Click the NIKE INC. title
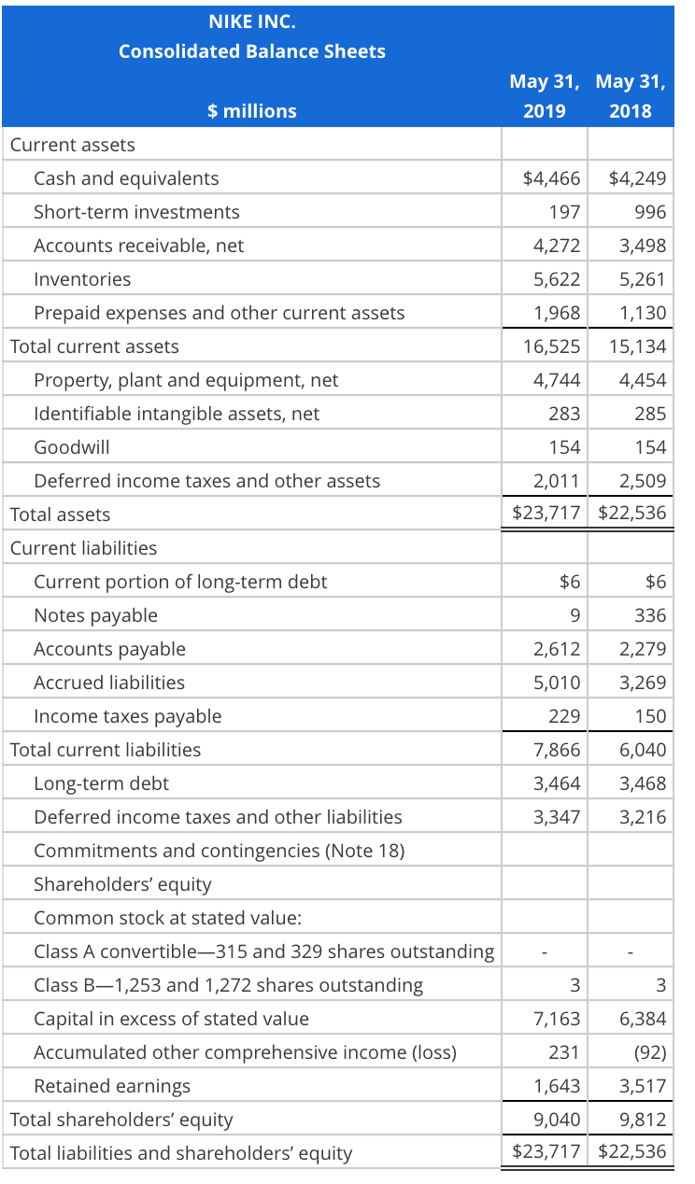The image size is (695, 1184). (x=251, y=19)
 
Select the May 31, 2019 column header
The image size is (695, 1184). (x=545, y=96)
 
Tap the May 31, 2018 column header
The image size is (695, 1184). (x=631, y=96)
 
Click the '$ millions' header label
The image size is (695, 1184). (x=251, y=111)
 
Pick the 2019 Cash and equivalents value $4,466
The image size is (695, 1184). (x=551, y=178)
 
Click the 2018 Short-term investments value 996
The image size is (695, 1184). (x=650, y=212)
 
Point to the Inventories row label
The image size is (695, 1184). (x=82, y=279)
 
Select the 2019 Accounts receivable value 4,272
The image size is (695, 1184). (x=557, y=246)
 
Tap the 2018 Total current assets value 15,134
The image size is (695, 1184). (x=637, y=346)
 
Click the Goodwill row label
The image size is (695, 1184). (x=71, y=447)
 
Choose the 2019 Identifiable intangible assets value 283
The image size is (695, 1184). (x=564, y=414)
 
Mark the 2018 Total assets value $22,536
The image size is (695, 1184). (x=632, y=514)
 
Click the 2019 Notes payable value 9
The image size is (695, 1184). (x=574, y=615)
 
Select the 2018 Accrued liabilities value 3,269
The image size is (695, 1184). (x=643, y=683)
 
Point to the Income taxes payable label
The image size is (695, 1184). (x=127, y=716)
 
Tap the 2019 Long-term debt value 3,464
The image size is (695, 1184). (x=557, y=783)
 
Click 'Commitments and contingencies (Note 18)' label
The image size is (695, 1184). (x=219, y=851)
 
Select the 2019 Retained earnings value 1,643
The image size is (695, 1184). (x=557, y=1086)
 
